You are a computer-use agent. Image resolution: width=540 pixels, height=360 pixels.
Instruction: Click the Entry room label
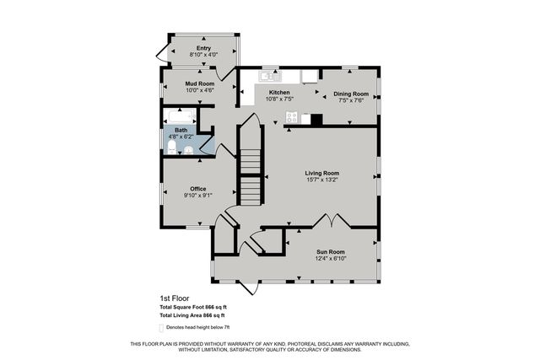pos(203,48)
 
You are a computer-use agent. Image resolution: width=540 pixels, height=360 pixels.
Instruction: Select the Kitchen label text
pos(279,93)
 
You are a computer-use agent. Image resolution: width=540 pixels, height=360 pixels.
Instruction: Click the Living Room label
pos(321,173)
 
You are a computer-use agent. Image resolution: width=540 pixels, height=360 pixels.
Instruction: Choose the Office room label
pos(198,188)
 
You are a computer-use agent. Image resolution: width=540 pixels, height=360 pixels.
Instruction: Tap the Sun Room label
pos(331,251)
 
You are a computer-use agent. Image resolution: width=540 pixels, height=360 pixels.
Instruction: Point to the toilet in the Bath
pos(172,148)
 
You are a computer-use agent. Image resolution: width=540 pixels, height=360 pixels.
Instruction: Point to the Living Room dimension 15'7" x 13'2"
pos(321,180)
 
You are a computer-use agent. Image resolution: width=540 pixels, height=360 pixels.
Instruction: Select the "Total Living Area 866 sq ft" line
pos(198,314)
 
